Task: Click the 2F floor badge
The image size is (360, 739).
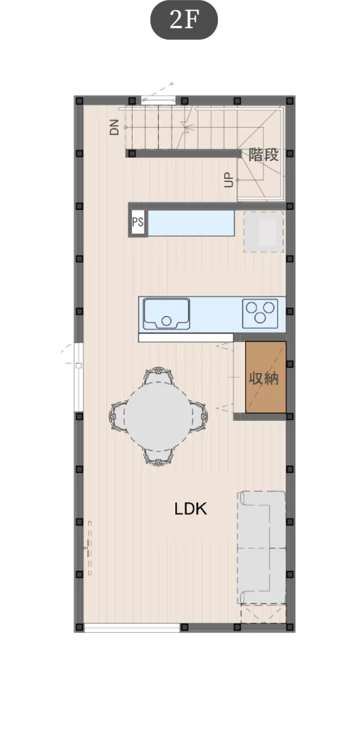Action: tap(184, 19)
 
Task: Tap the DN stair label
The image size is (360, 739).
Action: tap(115, 127)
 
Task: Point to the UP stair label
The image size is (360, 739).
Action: tap(229, 180)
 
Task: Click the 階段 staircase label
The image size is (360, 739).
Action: tap(263, 154)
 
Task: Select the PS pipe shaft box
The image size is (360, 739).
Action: tap(138, 222)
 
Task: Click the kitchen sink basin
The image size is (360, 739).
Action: tap(167, 313)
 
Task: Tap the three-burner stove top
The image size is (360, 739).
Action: tap(260, 313)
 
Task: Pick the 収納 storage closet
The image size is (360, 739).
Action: tap(265, 377)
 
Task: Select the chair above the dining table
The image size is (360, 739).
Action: tap(158, 375)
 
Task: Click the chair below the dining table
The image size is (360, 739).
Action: tap(158, 455)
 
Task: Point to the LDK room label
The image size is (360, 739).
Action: tap(190, 509)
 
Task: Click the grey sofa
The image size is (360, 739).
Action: tap(261, 548)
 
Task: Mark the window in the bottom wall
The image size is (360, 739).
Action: tap(132, 628)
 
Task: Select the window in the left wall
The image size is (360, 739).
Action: tap(79, 377)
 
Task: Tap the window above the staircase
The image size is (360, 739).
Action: tap(158, 100)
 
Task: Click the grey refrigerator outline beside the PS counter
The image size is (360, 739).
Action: tap(263, 232)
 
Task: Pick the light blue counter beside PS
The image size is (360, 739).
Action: tap(191, 222)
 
